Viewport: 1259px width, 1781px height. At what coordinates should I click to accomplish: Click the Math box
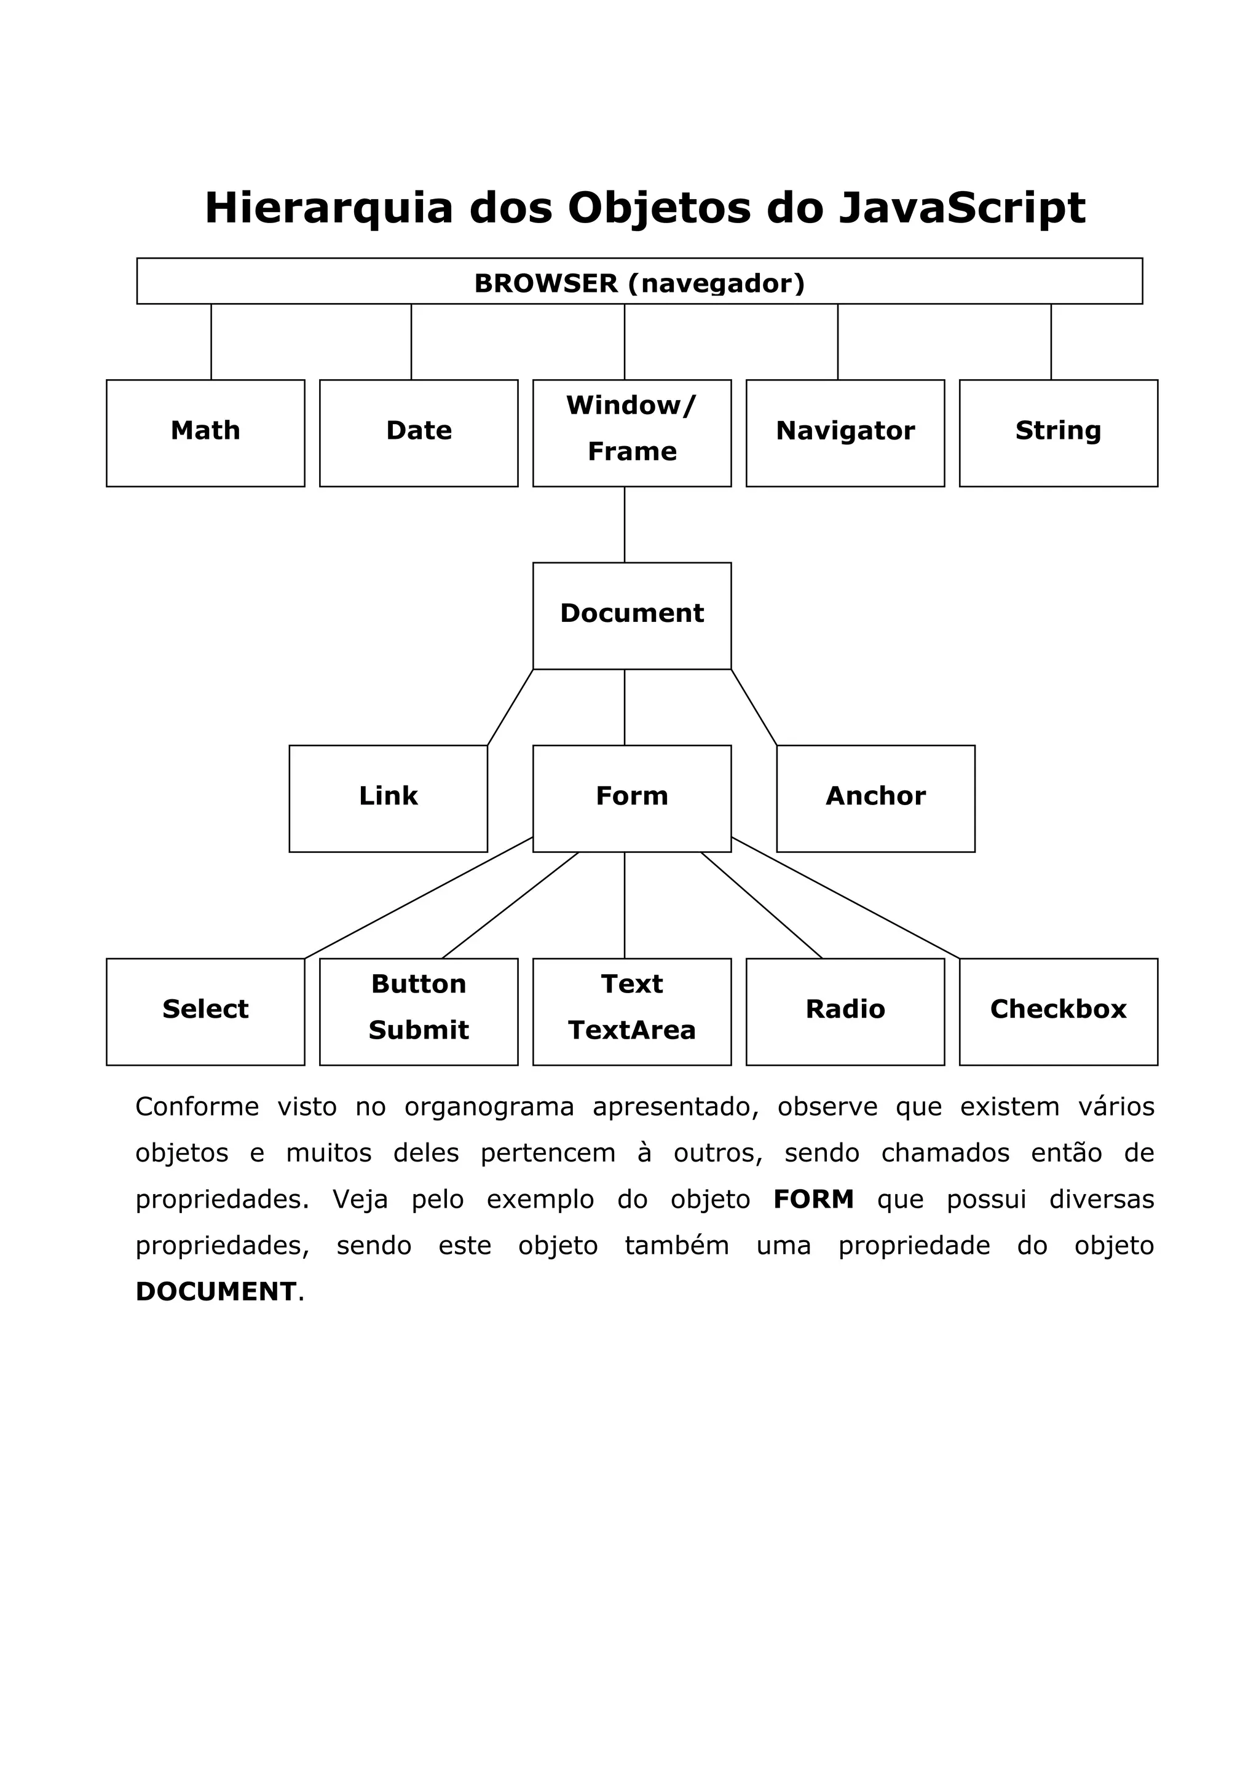click(205, 433)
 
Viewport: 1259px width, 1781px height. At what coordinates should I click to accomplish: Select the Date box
click(418, 433)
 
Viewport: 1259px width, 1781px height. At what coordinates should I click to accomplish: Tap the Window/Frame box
click(631, 433)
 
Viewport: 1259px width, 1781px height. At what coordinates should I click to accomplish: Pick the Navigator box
click(845, 433)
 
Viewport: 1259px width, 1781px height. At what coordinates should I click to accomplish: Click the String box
click(1058, 433)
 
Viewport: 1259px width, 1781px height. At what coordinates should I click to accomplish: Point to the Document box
click(631, 615)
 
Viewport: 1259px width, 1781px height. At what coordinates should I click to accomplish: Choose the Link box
click(388, 798)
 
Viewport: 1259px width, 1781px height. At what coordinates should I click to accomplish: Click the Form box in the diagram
click(631, 798)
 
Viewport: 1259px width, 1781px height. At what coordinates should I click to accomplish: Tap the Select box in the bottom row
click(205, 1012)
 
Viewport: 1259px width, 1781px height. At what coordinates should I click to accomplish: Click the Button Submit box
click(418, 1012)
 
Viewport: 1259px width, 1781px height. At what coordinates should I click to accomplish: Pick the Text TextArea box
click(631, 1012)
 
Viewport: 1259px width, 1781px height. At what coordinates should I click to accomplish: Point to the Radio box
click(845, 1012)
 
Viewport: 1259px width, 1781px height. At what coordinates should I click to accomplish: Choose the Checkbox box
click(1058, 1012)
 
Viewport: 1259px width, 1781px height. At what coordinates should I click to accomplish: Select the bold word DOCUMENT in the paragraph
click(216, 1292)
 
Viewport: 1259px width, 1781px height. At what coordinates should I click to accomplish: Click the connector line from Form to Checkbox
click(845, 897)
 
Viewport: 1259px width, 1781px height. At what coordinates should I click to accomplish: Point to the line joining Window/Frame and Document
click(625, 524)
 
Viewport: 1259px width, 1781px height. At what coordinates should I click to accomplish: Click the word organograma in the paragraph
click(489, 1107)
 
